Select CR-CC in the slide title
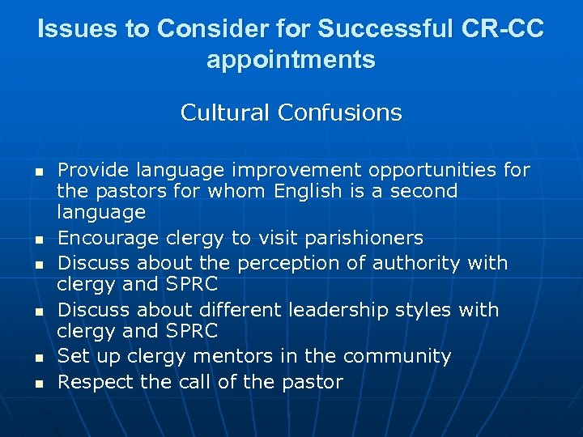[504, 30]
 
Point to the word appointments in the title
[291, 60]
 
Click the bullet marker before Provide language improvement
[37, 172]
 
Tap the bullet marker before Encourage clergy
[37, 240]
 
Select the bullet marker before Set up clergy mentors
[37, 358]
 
